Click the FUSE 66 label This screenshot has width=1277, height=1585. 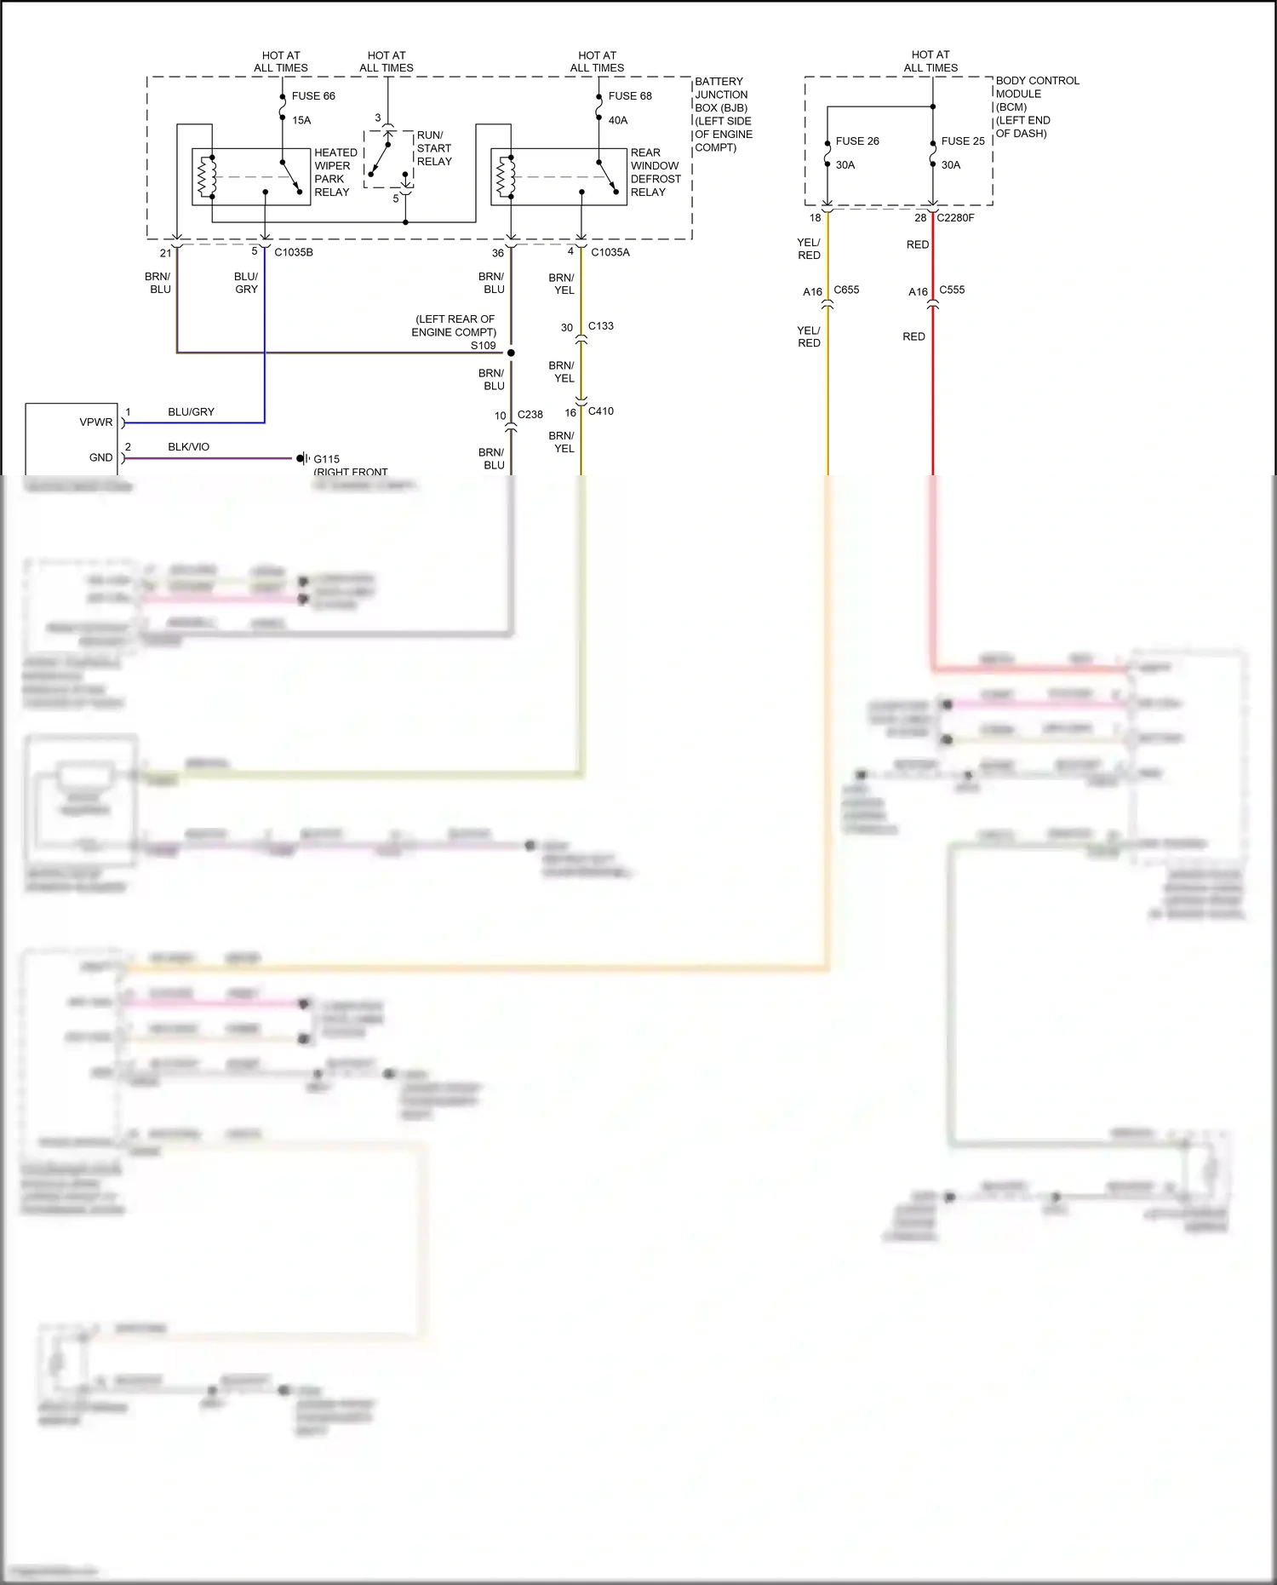[x=312, y=96]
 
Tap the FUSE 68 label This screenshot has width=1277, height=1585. [x=629, y=96]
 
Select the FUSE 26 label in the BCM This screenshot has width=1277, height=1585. [x=856, y=141]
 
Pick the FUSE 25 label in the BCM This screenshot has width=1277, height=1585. [x=962, y=141]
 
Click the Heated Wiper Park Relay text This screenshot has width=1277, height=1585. [x=335, y=172]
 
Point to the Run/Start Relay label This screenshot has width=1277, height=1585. [x=433, y=148]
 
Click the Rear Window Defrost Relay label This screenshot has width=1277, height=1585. [x=655, y=172]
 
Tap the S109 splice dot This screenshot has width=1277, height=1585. [x=511, y=353]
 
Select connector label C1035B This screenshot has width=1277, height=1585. [x=293, y=253]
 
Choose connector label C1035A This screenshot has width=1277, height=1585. [x=610, y=253]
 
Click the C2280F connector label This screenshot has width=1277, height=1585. [x=955, y=218]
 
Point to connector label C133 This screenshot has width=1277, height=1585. [x=600, y=326]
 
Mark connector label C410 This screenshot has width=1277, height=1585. [x=600, y=411]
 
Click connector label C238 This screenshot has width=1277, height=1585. [x=530, y=415]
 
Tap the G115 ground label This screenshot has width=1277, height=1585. [x=326, y=459]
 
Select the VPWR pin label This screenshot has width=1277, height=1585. [x=95, y=422]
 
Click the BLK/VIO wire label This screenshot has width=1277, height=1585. [x=188, y=447]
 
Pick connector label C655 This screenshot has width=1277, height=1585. [x=845, y=290]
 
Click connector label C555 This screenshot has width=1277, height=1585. [x=951, y=290]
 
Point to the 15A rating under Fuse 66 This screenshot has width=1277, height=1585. [x=301, y=121]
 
